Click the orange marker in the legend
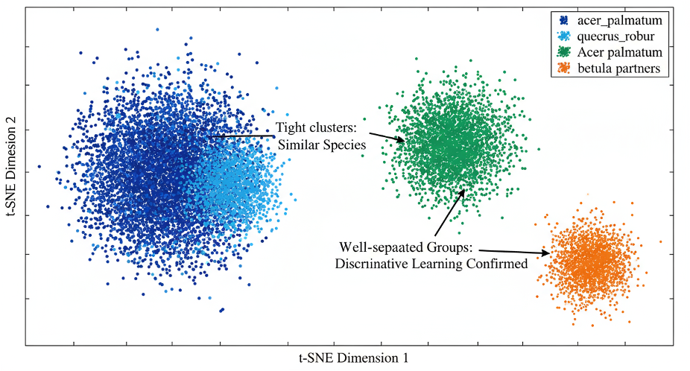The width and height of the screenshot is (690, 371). [565, 69]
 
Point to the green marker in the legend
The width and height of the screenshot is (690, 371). [565, 52]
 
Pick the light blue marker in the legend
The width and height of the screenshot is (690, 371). [565, 35]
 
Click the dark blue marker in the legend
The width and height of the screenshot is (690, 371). [565, 19]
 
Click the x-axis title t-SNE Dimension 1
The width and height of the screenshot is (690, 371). [353, 358]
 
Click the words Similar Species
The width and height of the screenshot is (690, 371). [322, 145]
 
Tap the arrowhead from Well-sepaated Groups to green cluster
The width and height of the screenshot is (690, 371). [464, 191]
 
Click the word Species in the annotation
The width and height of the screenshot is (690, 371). [346, 145]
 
